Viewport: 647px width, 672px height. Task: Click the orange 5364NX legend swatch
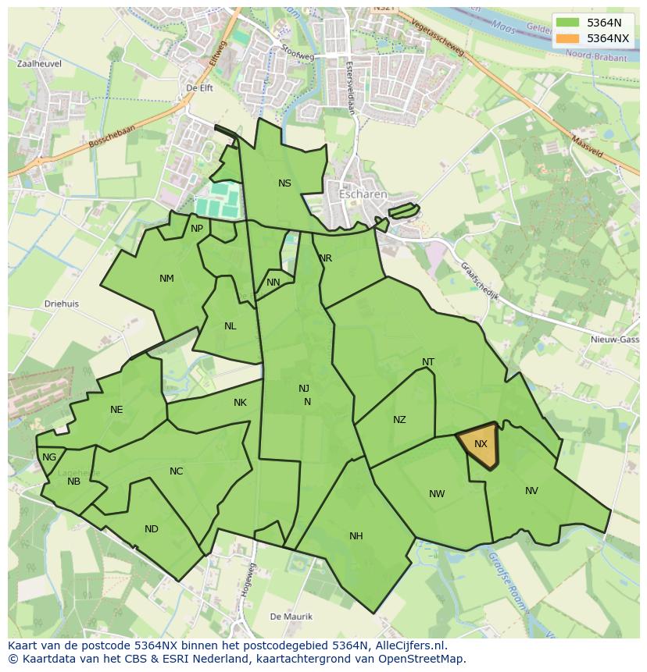(568, 38)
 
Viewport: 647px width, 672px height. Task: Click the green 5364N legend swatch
(568, 23)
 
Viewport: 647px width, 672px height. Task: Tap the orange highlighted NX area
(479, 446)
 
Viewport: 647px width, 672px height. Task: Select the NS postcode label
(284, 183)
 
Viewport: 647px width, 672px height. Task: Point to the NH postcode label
(356, 535)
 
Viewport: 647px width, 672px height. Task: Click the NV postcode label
(531, 491)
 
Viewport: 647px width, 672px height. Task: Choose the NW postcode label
(437, 493)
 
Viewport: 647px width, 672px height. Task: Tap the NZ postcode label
(399, 420)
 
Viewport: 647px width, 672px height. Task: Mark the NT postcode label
(428, 362)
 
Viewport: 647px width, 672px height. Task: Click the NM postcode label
(166, 279)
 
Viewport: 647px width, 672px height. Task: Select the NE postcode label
(116, 410)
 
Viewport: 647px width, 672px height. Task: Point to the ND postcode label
(152, 529)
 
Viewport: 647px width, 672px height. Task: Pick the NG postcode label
(49, 457)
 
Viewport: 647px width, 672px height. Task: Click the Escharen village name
(363, 194)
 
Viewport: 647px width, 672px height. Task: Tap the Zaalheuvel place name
(38, 64)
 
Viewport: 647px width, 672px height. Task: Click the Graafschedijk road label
(480, 281)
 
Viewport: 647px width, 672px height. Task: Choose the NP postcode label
(197, 229)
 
